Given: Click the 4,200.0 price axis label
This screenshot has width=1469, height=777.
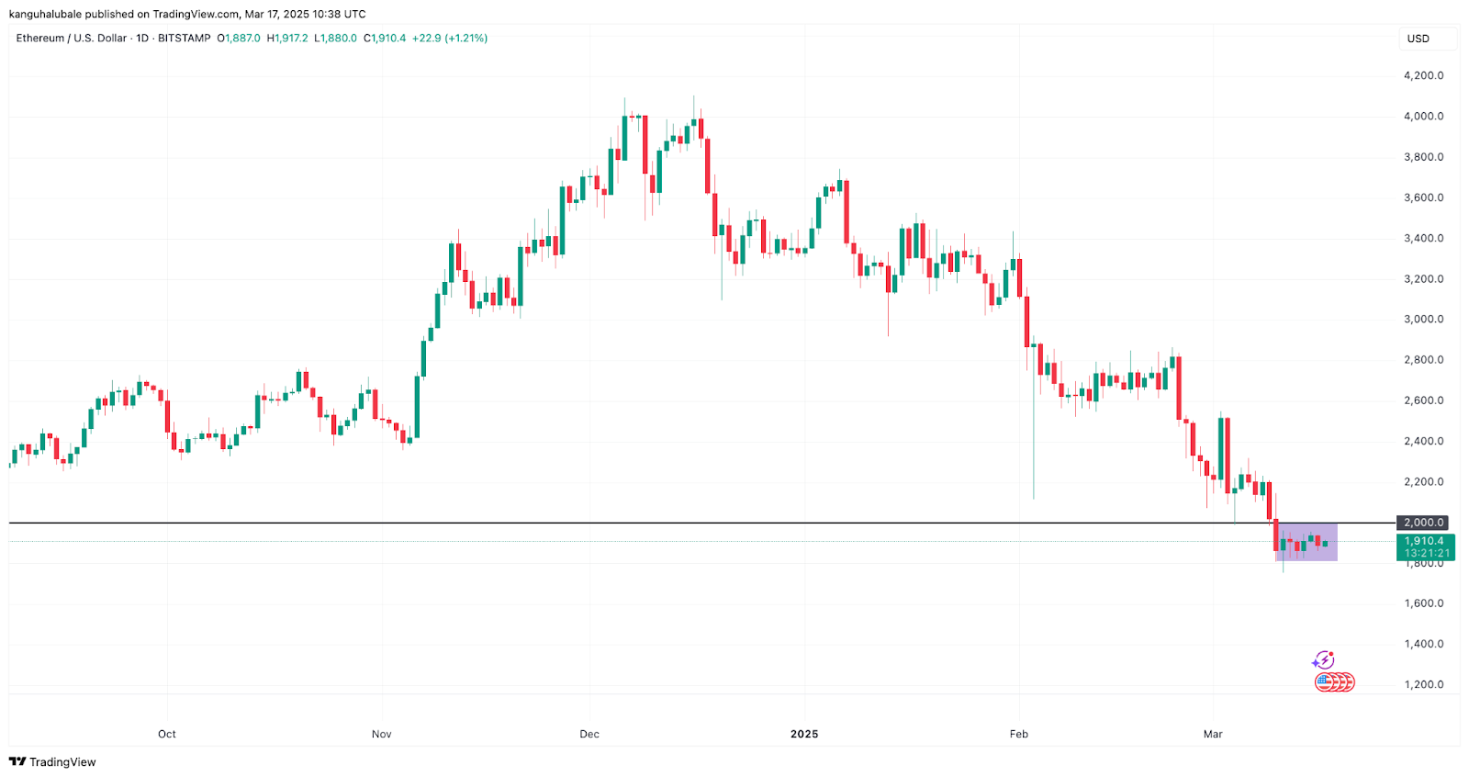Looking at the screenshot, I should coord(1423,75).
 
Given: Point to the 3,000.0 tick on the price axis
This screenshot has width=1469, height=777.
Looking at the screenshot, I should coord(1423,320).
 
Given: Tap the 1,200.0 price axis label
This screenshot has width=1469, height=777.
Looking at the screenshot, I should coord(1423,684).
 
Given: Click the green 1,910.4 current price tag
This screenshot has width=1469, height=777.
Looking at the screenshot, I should coord(1425,546).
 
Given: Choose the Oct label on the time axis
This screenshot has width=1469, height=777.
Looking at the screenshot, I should coord(167,734).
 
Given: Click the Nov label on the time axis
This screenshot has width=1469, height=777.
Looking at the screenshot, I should coord(382,734).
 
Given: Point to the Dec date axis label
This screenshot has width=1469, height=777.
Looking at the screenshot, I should coord(589,734).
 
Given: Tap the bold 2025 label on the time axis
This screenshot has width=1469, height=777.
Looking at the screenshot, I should coord(804,734).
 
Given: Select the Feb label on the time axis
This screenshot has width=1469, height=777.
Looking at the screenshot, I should coord(1018,734).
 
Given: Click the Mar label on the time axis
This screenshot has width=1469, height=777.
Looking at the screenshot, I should coord(1213,734).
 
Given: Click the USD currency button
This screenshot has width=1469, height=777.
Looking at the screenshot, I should coord(1419,39).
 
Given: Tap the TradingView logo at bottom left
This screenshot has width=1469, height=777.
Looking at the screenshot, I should coord(52,762).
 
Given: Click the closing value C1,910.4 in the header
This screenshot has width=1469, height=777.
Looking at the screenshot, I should coord(385,39).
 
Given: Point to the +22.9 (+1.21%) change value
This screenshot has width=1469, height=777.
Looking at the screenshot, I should coord(450,39).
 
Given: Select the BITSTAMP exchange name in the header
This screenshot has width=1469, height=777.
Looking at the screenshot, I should coord(184,39).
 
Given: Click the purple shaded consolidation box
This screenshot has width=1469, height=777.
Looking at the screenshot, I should coord(1306,542).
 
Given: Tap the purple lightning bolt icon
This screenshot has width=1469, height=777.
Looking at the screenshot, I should coord(1323,660).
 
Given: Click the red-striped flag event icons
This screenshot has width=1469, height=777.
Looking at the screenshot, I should coord(1334,682).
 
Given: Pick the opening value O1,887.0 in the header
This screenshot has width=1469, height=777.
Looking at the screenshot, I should coord(239,39).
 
